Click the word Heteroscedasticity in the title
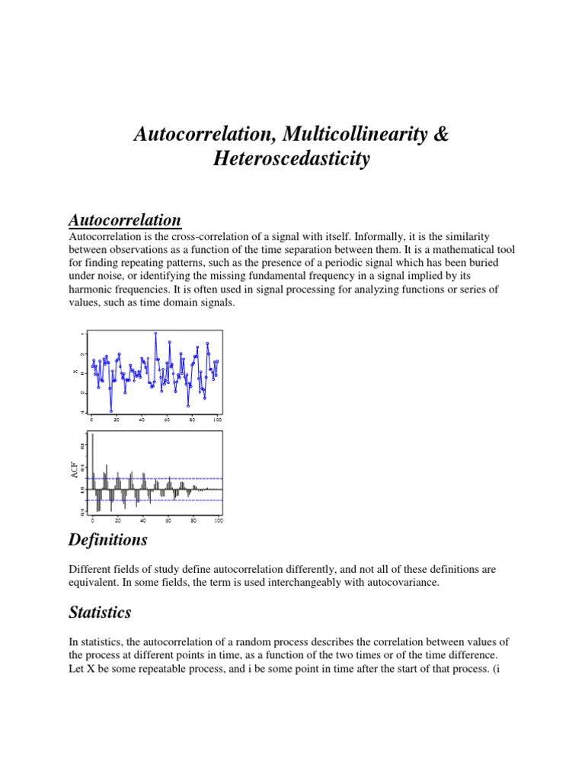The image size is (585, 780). point(292,159)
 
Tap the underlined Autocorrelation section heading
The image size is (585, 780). point(125,220)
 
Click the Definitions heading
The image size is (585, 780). point(107,541)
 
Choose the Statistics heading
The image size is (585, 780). point(100,612)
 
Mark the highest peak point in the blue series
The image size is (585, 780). point(155,333)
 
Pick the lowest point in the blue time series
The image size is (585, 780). point(111,411)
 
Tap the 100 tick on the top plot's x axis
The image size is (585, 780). point(218,420)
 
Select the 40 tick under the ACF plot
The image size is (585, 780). point(142,520)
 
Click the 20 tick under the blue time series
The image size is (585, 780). point(117,420)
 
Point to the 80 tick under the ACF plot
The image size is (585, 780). point(193,520)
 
